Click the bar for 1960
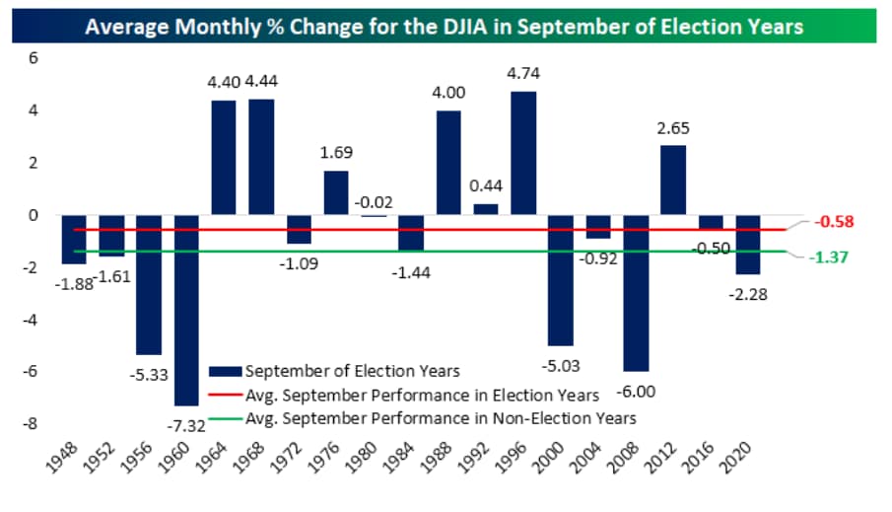pyautogui.click(x=186, y=310)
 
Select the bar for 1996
pyautogui.click(x=523, y=153)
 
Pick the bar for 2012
pyautogui.click(x=673, y=181)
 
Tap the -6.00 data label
pyautogui.click(x=636, y=391)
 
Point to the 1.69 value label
pyautogui.click(x=337, y=153)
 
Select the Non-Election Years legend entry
pyautogui.click(x=440, y=417)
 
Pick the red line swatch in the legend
pyautogui.click(x=226, y=395)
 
